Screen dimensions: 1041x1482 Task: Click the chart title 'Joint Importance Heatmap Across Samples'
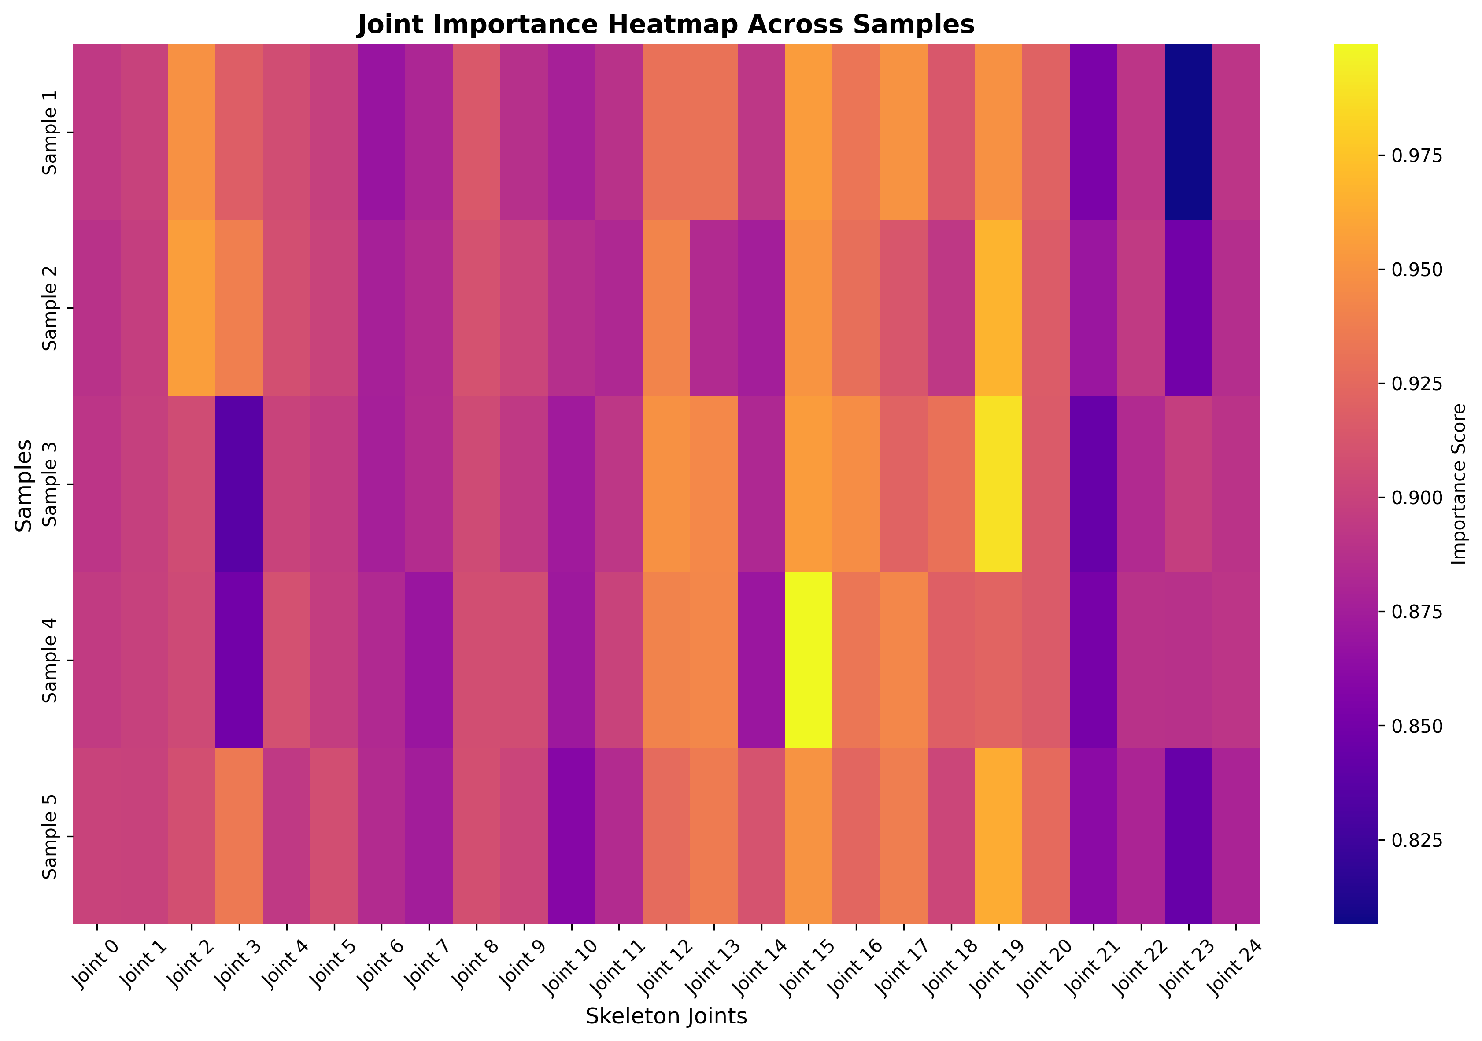665,25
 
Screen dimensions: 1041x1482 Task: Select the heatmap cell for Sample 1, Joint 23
1188,132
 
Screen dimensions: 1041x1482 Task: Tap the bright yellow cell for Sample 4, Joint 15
808,660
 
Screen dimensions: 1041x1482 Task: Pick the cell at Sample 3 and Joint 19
998,484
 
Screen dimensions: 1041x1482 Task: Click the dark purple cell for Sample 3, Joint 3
239,484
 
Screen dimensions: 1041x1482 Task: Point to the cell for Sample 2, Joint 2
191,308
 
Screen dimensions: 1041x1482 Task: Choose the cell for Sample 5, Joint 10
571,836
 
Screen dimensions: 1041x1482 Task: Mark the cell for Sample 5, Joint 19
998,836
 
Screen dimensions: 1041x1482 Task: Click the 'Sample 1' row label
50,132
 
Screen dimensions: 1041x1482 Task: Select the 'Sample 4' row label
50,660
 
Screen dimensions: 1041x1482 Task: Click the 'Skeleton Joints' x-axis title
665,1016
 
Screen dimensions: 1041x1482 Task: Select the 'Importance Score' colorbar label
1459,484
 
